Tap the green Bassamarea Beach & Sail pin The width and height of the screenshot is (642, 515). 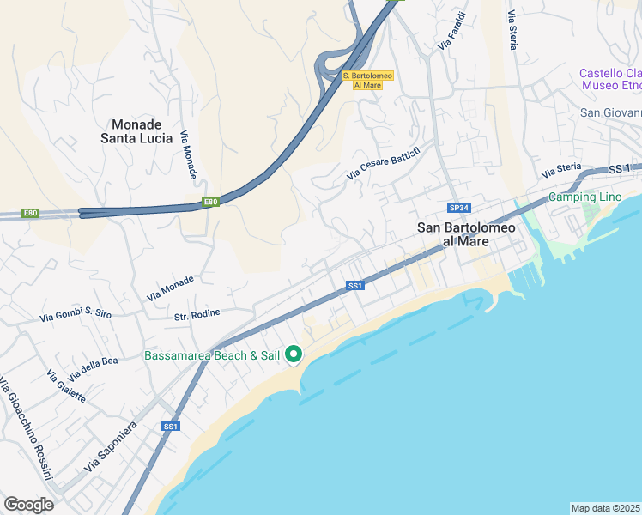pos(293,354)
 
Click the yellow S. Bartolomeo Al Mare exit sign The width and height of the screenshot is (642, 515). pos(367,80)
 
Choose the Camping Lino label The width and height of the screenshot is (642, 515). pos(584,197)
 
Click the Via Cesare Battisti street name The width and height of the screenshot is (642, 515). pos(384,163)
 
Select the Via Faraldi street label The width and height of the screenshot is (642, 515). pos(451,30)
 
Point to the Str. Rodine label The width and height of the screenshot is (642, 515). pos(197,314)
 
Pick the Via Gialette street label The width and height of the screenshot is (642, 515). pos(67,385)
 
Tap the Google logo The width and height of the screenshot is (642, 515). pos(28,505)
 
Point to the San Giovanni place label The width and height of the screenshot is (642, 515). pos(610,112)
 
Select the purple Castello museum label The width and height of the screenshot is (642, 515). pos(610,79)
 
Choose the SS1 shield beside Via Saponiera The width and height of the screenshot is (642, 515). pos(170,426)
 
